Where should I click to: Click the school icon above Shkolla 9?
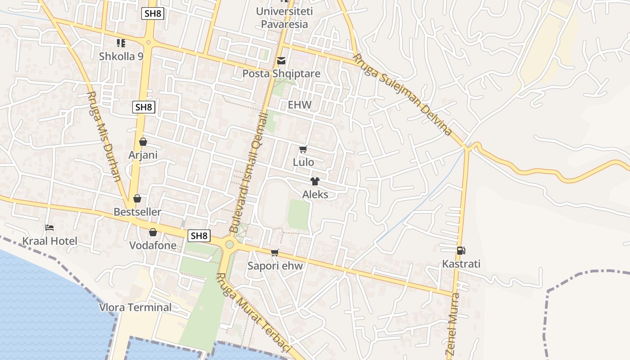click(121, 43)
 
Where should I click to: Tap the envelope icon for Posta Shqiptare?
click(281, 61)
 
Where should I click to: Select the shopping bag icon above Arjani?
click(143, 142)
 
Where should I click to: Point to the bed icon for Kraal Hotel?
click(49, 228)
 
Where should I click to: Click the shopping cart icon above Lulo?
click(303, 149)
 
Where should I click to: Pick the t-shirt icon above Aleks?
click(315, 181)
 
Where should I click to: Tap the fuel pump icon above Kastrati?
click(461, 251)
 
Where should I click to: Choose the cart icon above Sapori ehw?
click(275, 252)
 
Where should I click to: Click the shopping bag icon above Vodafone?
click(153, 232)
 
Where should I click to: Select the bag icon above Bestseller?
click(137, 198)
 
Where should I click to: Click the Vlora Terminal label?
click(135, 308)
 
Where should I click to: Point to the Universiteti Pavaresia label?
click(284, 18)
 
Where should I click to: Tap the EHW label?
click(300, 105)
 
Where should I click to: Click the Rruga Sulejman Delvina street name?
click(402, 95)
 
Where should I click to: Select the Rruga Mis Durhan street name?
click(104, 137)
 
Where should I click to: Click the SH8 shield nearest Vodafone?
click(199, 235)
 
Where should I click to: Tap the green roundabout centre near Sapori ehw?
click(229, 244)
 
